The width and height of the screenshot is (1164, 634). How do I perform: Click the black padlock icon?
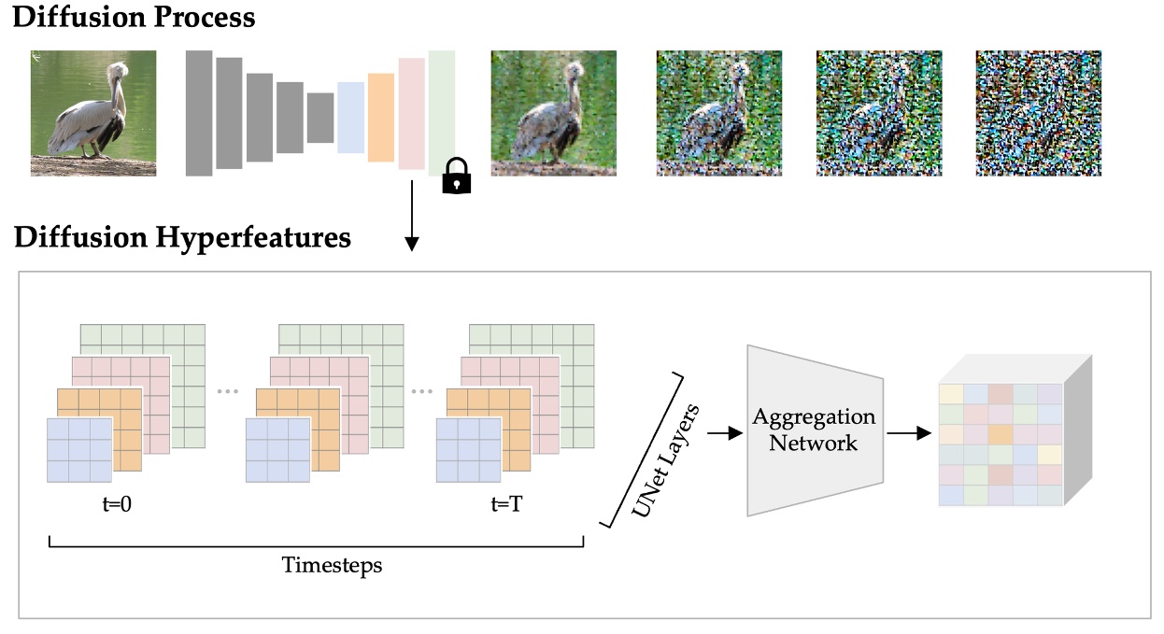click(456, 176)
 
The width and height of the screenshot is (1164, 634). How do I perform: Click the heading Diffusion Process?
click(134, 17)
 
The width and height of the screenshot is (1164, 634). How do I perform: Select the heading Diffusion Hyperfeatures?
click(183, 237)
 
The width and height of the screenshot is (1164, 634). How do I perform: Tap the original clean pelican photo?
click(93, 113)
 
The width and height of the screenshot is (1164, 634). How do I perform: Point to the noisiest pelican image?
click(1038, 113)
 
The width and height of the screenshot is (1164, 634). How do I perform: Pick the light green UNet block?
click(442, 112)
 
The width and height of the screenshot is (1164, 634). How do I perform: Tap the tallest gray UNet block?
click(199, 113)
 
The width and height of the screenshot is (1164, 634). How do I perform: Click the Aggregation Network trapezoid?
click(814, 430)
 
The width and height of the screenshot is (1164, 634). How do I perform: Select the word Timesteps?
click(319, 565)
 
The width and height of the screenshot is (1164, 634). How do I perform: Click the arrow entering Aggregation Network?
click(721, 432)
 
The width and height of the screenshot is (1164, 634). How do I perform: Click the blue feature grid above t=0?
click(79, 449)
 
